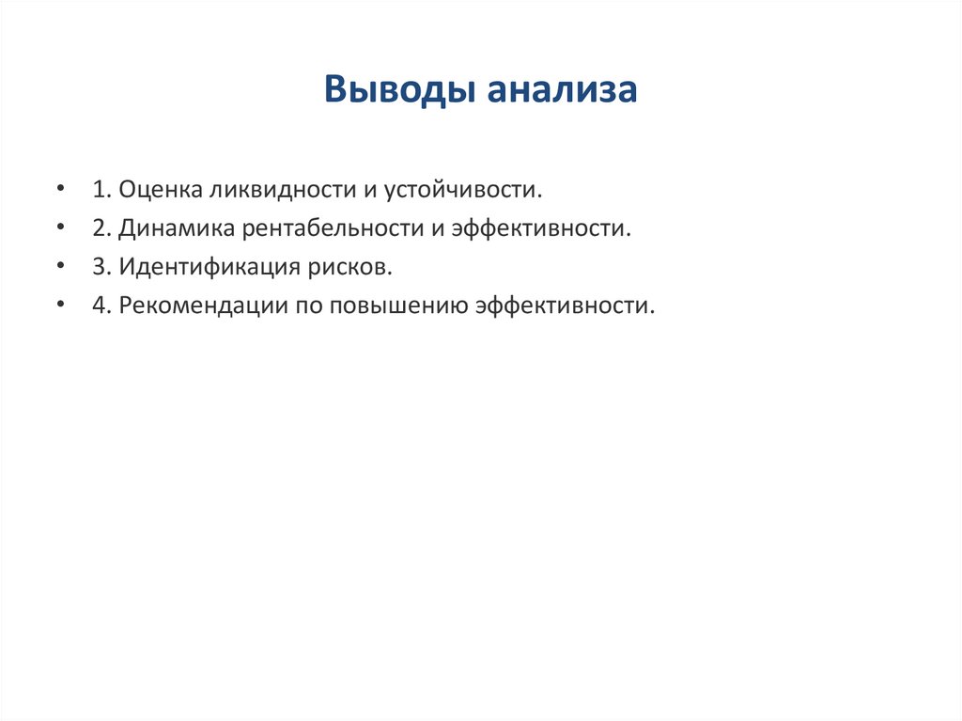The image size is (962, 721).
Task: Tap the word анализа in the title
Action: point(562,91)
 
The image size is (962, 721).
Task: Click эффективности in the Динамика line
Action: point(539,228)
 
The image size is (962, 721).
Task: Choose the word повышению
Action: point(396,306)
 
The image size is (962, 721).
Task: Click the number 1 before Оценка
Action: point(99,190)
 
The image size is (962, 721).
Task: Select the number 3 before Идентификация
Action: point(99,267)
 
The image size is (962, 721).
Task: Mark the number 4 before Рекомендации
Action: point(99,306)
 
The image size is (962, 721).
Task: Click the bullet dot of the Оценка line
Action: point(61,189)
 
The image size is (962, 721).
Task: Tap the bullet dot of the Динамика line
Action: point(61,227)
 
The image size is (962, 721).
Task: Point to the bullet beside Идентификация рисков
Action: point(61,266)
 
